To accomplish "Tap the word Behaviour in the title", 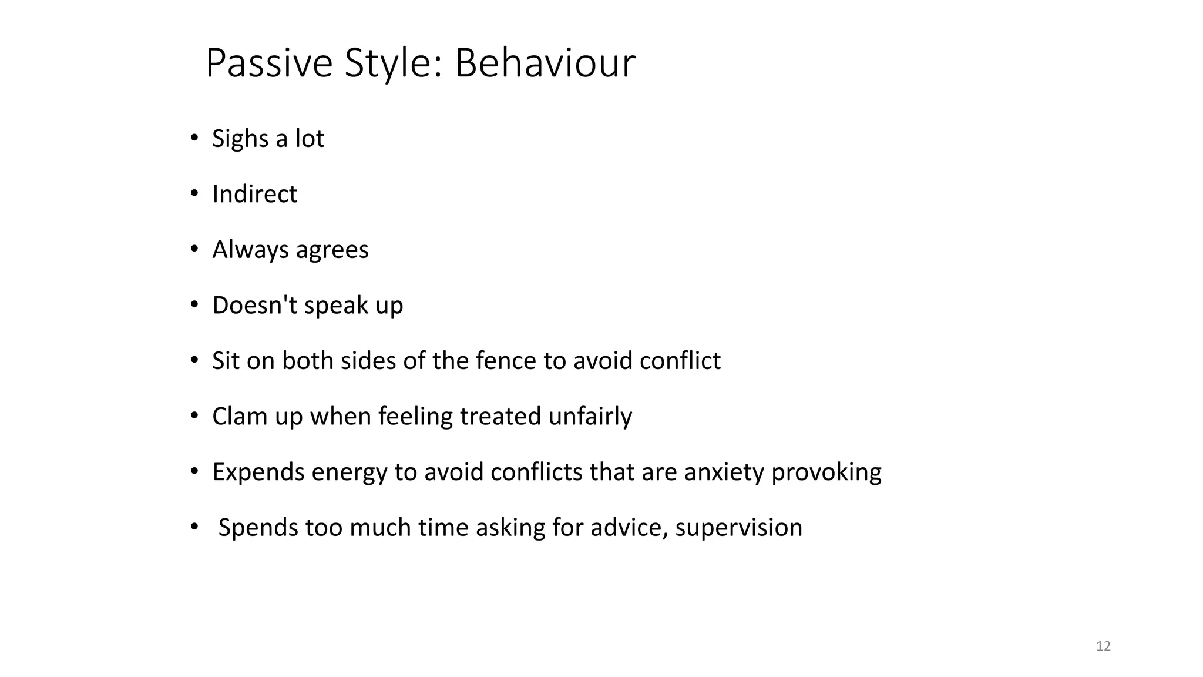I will click(545, 63).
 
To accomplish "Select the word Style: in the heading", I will click(394, 63).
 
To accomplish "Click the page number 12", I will click(1103, 646).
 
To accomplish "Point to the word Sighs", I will click(240, 139).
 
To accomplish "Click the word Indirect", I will click(254, 194).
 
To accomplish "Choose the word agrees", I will click(332, 250).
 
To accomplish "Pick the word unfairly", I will click(590, 416).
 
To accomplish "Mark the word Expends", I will click(258, 472).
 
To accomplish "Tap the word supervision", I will click(738, 528).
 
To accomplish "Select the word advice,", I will click(629, 527).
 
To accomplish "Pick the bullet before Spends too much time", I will click(194, 527).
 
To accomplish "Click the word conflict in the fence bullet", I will click(680, 360).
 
